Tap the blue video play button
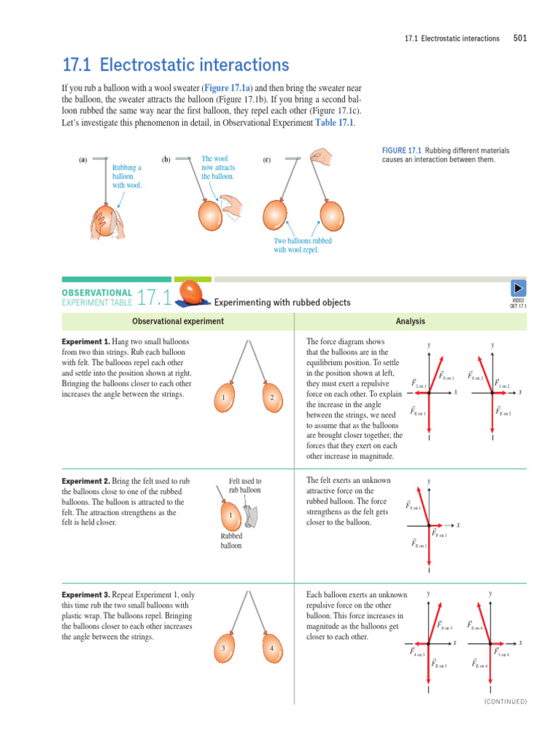519,288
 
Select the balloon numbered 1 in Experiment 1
226,397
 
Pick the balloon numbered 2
270,397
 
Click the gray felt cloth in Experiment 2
251,516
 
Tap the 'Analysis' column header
411,322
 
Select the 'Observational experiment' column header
178,322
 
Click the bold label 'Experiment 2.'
86,481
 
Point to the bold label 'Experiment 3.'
86,594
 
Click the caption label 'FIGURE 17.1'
402,151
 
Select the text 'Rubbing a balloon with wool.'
127,176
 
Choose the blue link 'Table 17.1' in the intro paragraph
334,123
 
